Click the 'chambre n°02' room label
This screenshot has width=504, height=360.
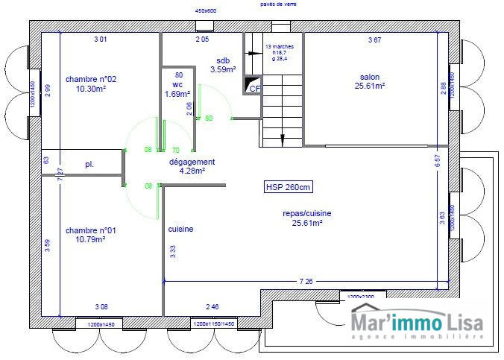click(91, 79)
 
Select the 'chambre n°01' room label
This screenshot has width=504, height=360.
click(91, 230)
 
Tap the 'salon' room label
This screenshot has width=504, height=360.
click(370, 77)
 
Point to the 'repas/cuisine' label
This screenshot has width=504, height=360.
click(307, 213)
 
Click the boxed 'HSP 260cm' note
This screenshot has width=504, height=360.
click(289, 187)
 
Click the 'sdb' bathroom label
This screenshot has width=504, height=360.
click(223, 60)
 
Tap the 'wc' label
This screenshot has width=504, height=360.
click(177, 85)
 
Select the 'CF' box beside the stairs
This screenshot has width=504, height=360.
click(254, 88)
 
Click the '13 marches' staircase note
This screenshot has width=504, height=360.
click(280, 46)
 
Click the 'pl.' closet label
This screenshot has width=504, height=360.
click(89, 164)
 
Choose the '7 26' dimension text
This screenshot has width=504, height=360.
click(306, 282)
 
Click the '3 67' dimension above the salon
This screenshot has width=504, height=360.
click(375, 40)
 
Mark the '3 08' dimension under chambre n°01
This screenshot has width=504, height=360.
click(101, 306)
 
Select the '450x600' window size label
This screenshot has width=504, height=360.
click(205, 12)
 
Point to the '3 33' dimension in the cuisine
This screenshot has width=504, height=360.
click(173, 251)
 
